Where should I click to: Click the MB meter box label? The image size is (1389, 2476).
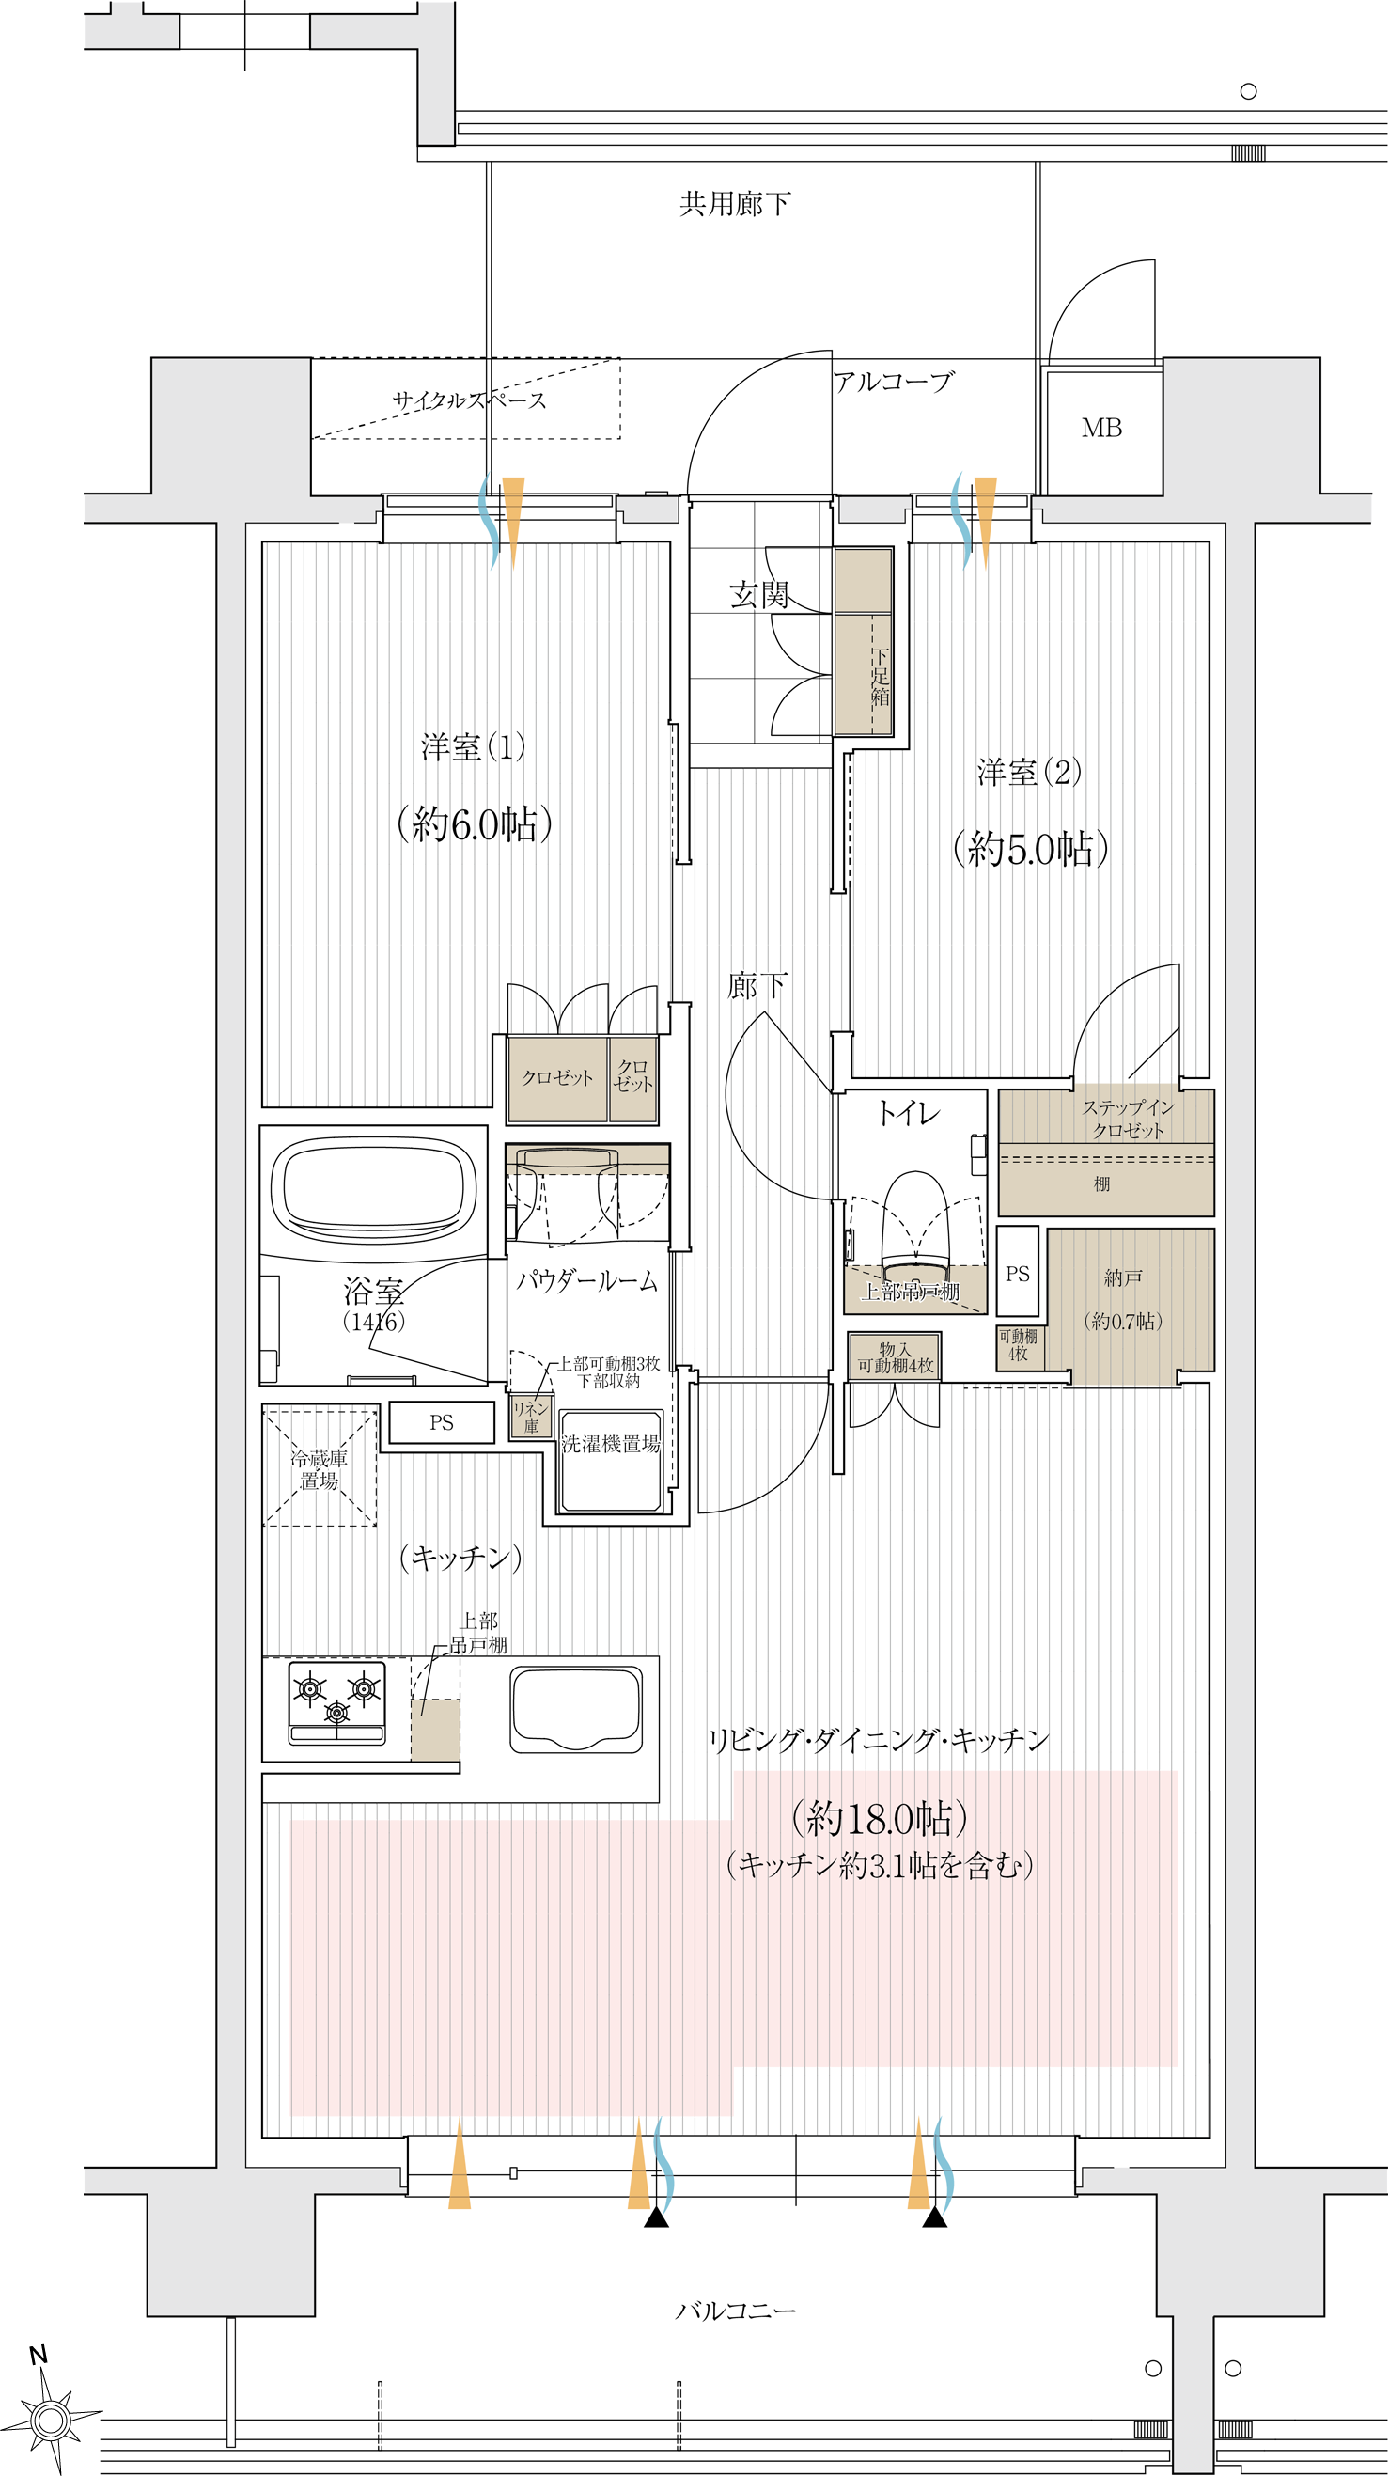pos(1100,428)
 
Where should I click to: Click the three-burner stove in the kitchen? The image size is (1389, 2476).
pos(336,1704)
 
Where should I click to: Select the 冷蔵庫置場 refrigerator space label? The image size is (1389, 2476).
pos(320,1468)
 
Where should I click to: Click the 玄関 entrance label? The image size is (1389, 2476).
pos(758,595)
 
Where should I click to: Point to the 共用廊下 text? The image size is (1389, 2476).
pos(734,204)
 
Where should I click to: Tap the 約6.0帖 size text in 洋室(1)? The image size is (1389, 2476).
pos(475,823)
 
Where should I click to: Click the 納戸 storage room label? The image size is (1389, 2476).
pos(1123,1277)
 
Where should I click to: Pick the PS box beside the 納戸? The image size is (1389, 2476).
pos(1017,1271)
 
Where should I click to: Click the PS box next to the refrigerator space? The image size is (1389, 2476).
pos(441,1422)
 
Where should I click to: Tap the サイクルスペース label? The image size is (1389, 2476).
pos(469,400)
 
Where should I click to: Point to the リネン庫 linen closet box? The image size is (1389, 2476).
pos(531,1416)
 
